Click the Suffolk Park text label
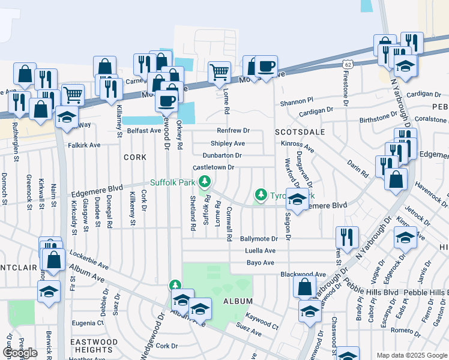point(173,182)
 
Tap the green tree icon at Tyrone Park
point(261,194)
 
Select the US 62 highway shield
point(348,64)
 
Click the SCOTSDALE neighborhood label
point(300,131)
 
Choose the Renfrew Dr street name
point(233,131)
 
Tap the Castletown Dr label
point(213,167)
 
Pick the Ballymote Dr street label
point(259,239)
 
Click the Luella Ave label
point(261,251)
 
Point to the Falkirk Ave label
point(85,145)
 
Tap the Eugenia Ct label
point(88,323)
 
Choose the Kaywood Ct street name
point(262,326)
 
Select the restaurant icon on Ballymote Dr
point(347,236)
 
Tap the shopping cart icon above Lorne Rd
point(219,72)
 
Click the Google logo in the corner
point(20,353)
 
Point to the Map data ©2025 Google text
point(411,355)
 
